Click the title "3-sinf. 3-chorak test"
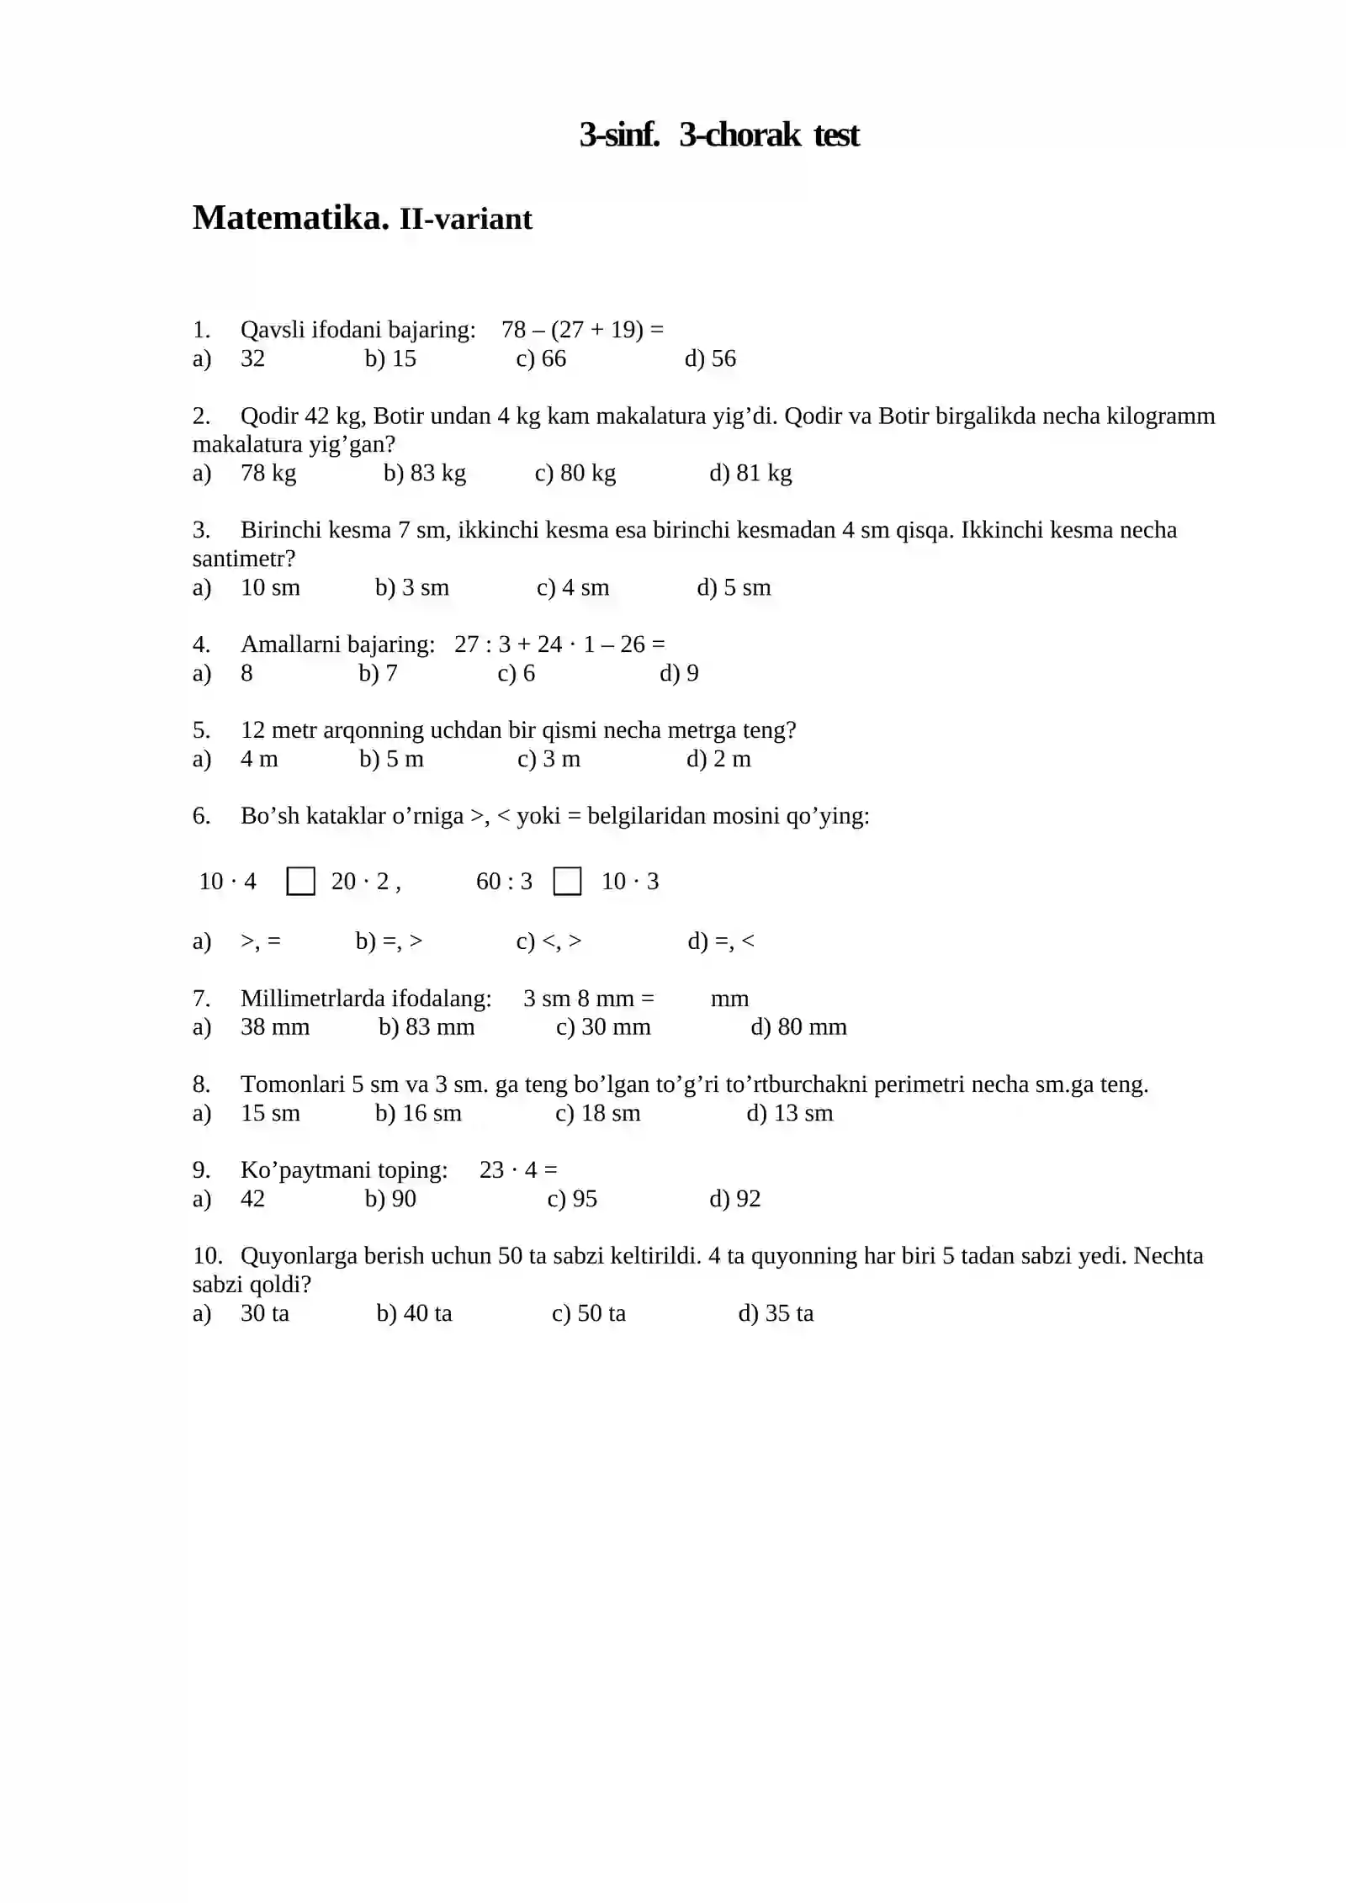click(x=718, y=135)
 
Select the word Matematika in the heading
click(x=290, y=218)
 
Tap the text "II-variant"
click(x=465, y=220)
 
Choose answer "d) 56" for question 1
click(x=710, y=358)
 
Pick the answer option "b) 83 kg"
click(x=424, y=473)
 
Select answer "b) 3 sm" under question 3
click(x=411, y=587)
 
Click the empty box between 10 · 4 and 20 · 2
click(x=300, y=882)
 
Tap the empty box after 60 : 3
click(x=567, y=882)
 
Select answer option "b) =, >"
click(x=389, y=941)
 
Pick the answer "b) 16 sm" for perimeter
click(x=418, y=1113)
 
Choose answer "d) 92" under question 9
click(x=734, y=1199)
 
